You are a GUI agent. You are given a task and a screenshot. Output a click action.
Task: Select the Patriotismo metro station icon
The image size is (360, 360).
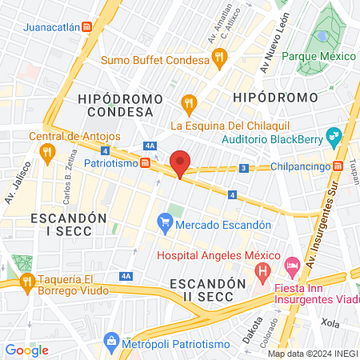tap(145, 162)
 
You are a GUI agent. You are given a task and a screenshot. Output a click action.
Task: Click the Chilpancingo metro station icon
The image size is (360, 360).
tap(338, 166)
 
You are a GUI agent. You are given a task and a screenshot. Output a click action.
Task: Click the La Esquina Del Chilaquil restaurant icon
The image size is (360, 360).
tap(189, 102)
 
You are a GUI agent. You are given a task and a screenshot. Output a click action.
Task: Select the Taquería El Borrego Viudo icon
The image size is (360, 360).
tap(27, 281)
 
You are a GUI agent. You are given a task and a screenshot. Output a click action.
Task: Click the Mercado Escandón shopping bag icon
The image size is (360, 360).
tap(165, 222)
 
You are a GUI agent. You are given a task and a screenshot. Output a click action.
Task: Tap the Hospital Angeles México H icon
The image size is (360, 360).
tap(261, 274)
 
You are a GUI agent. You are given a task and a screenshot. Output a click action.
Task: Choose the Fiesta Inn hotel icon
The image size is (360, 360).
tap(292, 264)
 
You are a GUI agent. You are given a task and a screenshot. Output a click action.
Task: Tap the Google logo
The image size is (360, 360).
tap(27, 350)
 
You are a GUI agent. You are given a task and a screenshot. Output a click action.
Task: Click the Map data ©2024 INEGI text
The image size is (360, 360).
tap(312, 354)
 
